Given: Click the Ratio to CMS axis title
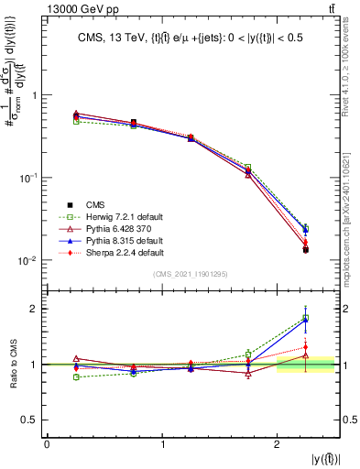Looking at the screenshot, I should tap(12, 364).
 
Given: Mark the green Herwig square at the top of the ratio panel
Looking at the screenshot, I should tap(306, 318).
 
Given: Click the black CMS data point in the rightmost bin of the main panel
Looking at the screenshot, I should tap(306, 249).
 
